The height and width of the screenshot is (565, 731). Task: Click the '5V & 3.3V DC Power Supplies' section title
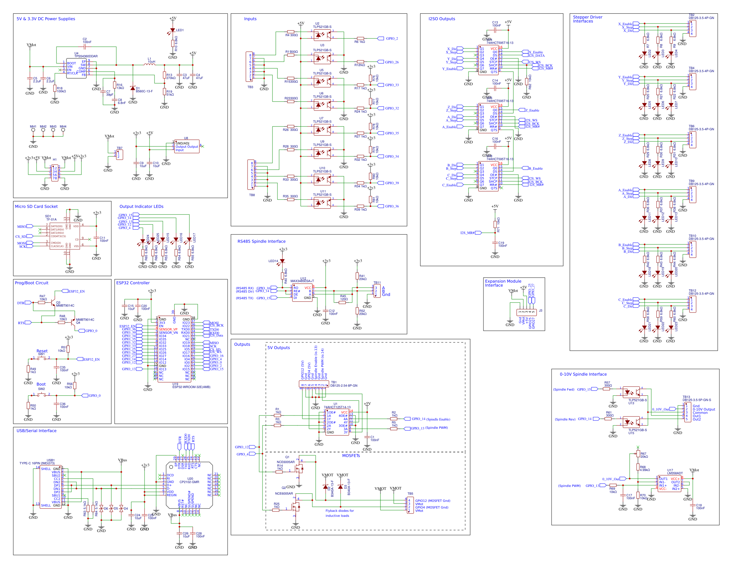[46, 19]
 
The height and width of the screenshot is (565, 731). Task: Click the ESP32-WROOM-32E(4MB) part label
[191, 387]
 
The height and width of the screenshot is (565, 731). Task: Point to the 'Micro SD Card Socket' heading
[36, 206]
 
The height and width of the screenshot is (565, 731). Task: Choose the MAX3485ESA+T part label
[302, 281]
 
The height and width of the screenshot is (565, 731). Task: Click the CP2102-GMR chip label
[189, 482]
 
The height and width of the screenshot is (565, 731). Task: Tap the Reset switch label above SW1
[42, 351]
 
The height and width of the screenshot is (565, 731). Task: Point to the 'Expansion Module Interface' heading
[503, 283]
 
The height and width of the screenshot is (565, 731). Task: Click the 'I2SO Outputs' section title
[442, 19]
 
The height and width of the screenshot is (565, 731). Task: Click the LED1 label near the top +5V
[180, 30]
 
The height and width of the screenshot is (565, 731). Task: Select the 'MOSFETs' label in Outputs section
[351, 456]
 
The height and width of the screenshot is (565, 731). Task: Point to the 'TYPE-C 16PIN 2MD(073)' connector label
[37, 463]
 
